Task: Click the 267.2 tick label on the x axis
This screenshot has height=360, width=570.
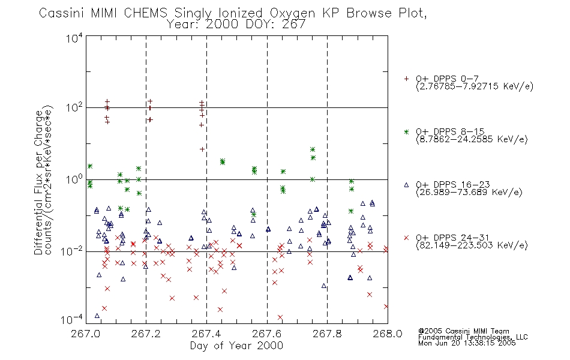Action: (146, 334)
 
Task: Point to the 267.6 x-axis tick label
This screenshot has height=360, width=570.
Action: (266, 334)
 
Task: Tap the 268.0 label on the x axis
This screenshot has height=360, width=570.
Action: (388, 334)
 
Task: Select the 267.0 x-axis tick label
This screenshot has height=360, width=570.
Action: (86, 334)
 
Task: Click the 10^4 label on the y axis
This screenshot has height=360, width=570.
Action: (74, 38)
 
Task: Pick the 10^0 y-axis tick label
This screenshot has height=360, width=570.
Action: (74, 179)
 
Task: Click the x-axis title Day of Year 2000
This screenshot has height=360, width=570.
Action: (236, 346)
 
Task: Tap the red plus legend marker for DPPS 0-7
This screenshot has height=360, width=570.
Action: (406, 79)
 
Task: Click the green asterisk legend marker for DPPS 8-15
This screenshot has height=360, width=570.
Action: (406, 131)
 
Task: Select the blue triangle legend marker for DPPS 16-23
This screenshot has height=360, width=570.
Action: (406, 185)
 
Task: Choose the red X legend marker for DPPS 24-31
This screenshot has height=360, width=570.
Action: (406, 238)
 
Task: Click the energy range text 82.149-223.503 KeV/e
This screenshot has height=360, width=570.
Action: (472, 245)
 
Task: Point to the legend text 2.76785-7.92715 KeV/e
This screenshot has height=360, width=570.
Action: (475, 86)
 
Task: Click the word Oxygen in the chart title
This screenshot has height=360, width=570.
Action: (292, 13)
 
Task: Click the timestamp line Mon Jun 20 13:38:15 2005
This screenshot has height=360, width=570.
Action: (467, 343)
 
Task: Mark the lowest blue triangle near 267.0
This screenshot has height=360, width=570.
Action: (97, 316)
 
